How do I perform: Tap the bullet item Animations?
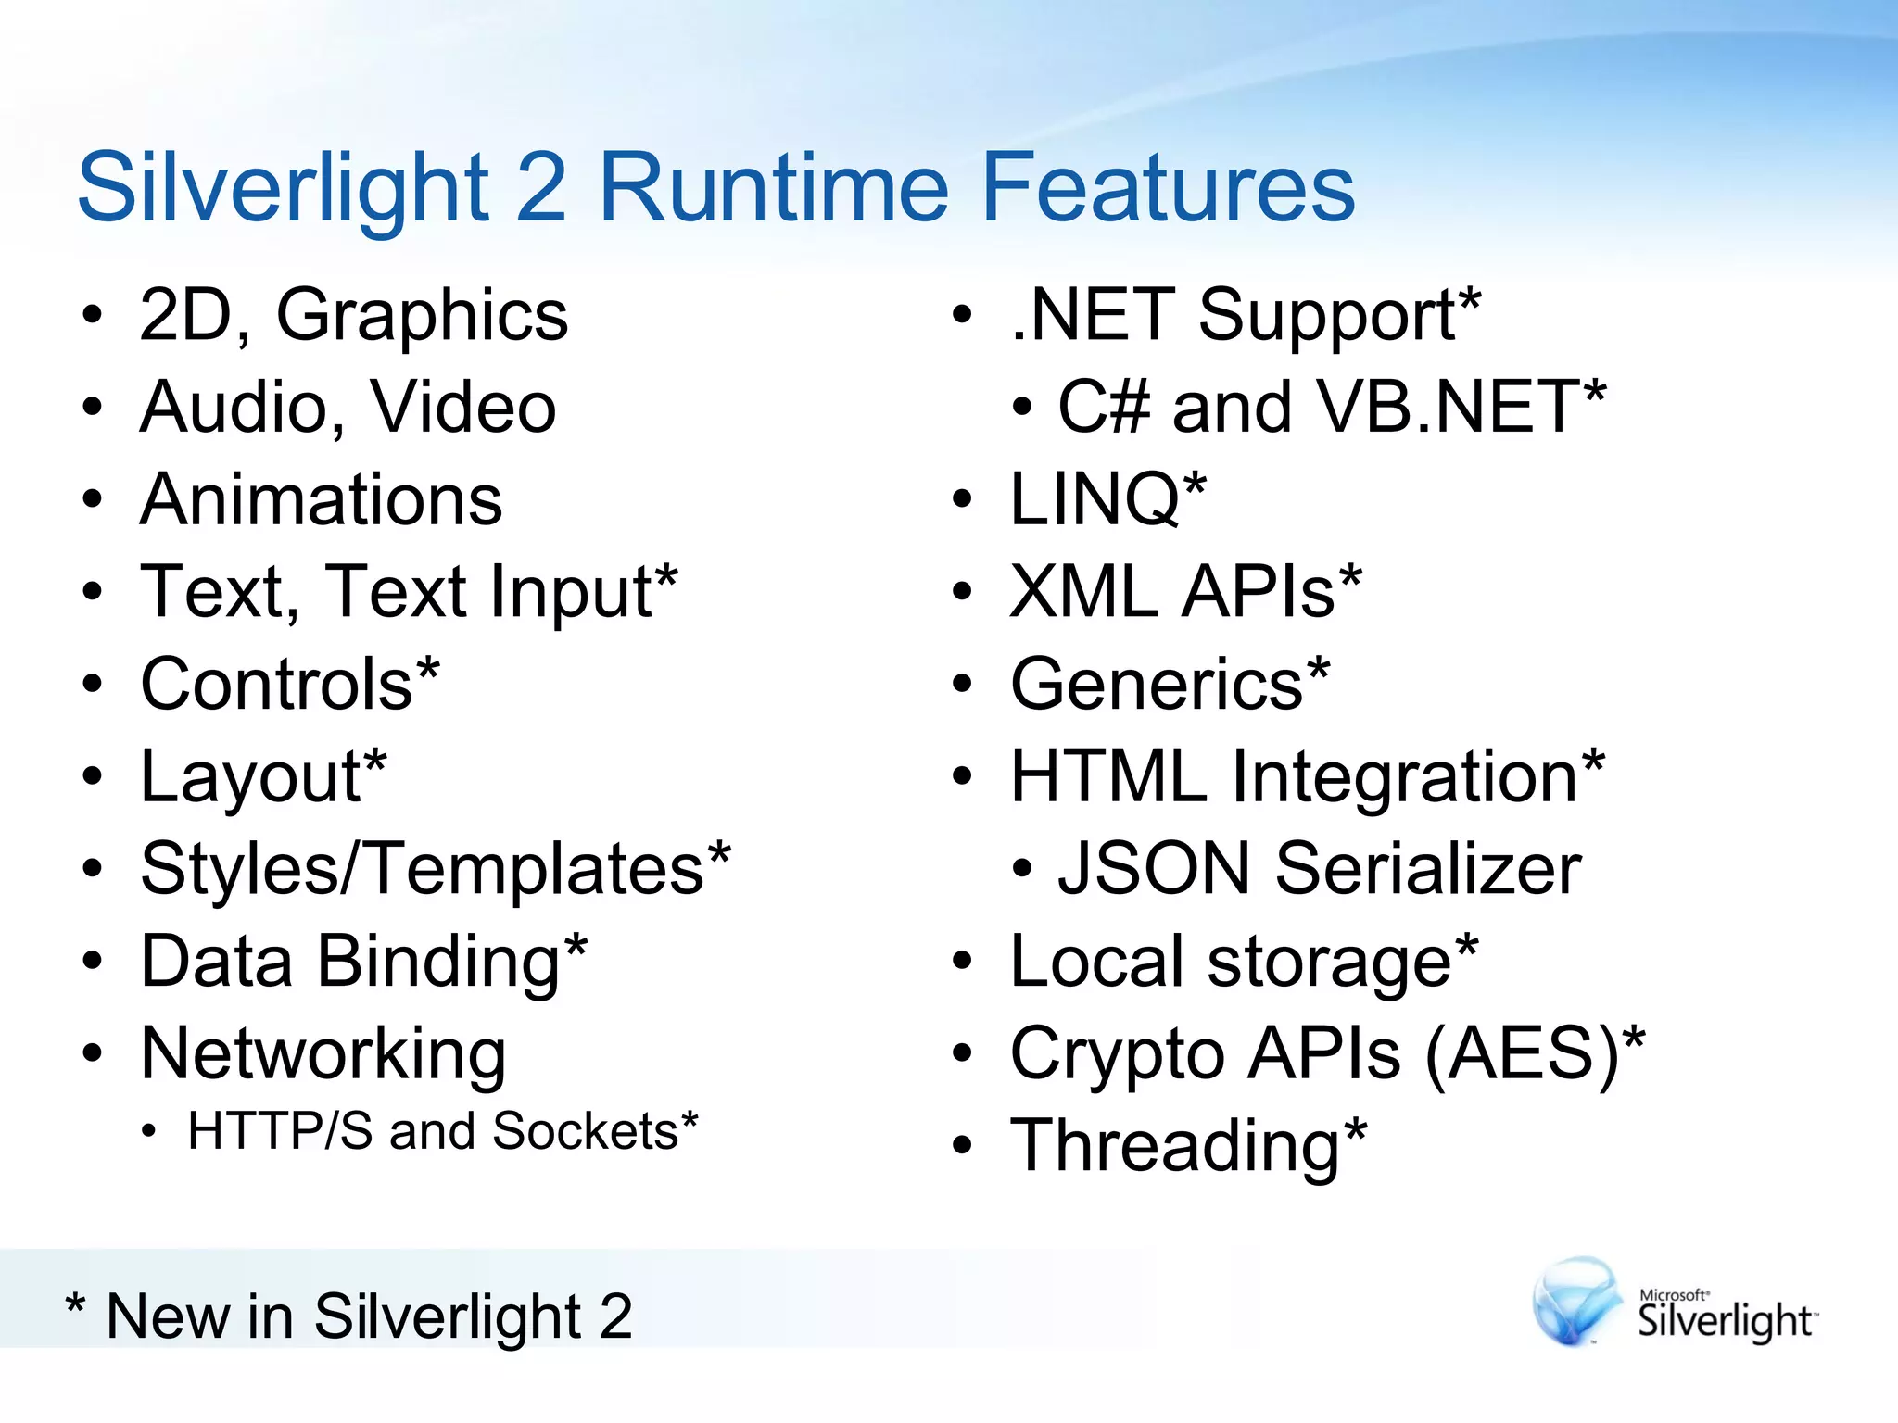click(321, 499)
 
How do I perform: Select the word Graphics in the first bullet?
click(422, 316)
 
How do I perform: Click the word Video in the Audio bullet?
click(463, 408)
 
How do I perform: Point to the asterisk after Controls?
click(427, 669)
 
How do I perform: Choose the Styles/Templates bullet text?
click(434, 869)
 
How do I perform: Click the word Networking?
click(323, 1054)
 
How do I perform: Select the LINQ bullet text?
click(1107, 499)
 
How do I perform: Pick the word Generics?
click(1157, 685)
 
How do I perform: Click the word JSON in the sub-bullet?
click(1155, 869)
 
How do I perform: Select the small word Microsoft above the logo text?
click(1673, 1295)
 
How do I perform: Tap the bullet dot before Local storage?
click(963, 963)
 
